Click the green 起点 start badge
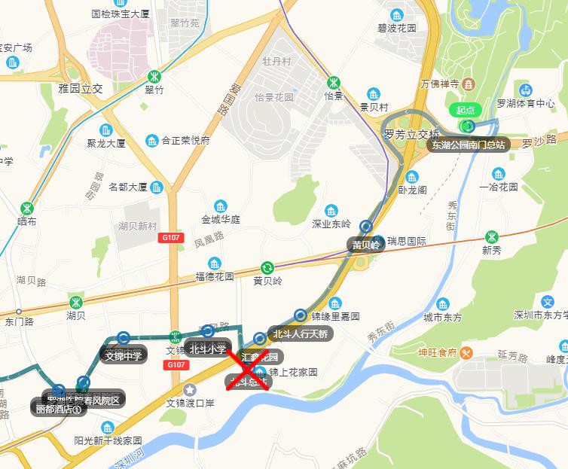(466, 110)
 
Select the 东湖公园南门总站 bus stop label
(469, 144)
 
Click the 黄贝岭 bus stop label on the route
(366, 245)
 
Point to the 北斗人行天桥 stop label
(300, 333)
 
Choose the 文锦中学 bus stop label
(124, 355)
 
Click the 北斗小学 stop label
(207, 349)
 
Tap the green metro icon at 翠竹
(154, 76)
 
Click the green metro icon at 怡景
(333, 82)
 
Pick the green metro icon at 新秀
(492, 236)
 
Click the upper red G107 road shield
(171, 237)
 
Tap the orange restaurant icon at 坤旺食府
(467, 352)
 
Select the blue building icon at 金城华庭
(220, 206)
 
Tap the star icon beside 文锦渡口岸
(190, 389)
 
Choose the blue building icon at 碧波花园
(396, 14)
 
